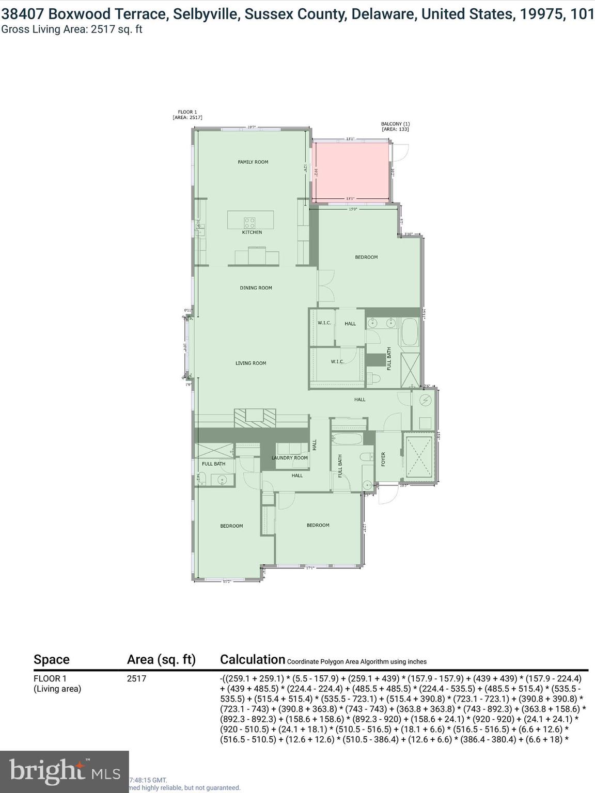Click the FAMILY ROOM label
[253, 162]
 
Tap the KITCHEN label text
[252, 232]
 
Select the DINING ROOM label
[256, 288]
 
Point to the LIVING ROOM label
[250, 363]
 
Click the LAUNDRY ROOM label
[289, 458]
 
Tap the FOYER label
[383, 459]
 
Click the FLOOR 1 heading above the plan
[187, 112]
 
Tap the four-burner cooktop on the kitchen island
[249, 223]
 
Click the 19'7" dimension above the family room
[252, 127]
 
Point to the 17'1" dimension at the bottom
[310, 568]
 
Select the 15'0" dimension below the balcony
[353, 209]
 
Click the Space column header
[51, 659]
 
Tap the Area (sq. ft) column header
[161, 659]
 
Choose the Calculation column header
[252, 659]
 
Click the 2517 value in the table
[136, 679]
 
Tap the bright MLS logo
[64, 771]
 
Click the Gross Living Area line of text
[72, 29]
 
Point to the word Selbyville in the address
[206, 14]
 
